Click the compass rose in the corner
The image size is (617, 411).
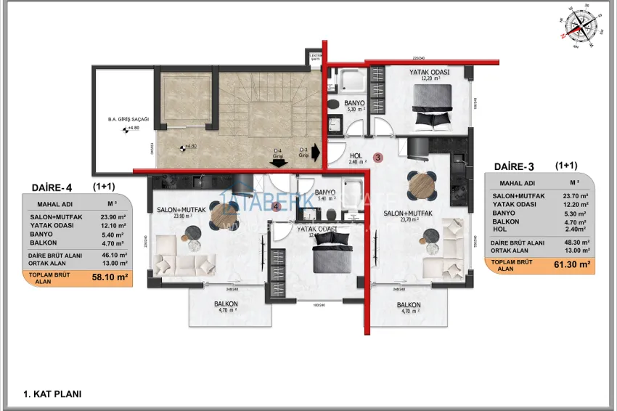[x=580, y=26]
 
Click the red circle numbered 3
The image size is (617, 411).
[x=377, y=157]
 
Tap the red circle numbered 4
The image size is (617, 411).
[x=277, y=206]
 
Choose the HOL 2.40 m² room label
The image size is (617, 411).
[x=356, y=159]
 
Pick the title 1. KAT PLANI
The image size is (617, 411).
[x=52, y=394]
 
